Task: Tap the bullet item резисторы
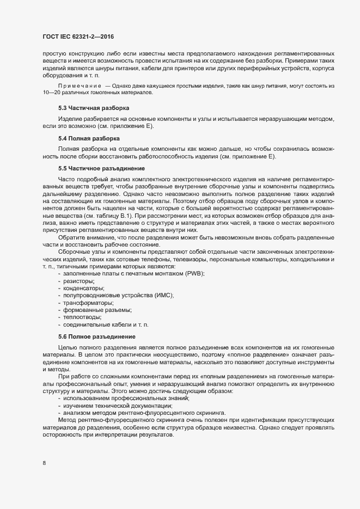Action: coord(79,280)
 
